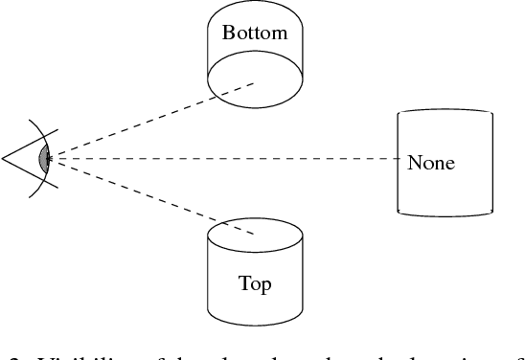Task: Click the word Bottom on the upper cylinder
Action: pos(254,34)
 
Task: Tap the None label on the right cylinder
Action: pos(430,163)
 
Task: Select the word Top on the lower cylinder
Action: pos(254,284)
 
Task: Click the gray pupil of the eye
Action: pos(43,158)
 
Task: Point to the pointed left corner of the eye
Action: pos(4,156)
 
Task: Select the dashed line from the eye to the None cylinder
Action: pos(220,158)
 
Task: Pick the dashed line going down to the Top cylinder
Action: pos(153,196)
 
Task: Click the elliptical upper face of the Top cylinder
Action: pos(255,235)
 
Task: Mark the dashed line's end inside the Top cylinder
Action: pos(255,234)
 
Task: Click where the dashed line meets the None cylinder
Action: pos(399,158)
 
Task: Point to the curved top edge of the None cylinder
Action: pos(445,112)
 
